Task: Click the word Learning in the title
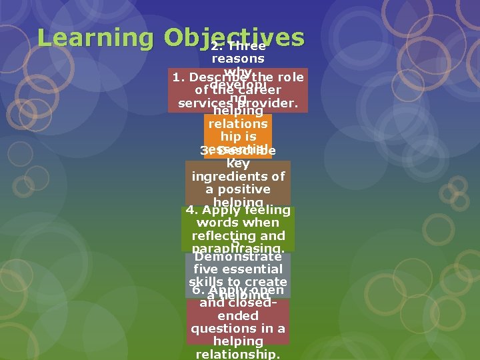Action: [x=96, y=37]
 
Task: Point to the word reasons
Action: [x=238, y=59]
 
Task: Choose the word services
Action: [x=203, y=104]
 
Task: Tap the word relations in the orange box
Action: [x=238, y=124]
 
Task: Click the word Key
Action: [x=238, y=163]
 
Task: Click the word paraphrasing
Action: [x=237, y=249]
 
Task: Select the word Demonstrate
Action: [x=238, y=256]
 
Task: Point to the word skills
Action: [x=205, y=282]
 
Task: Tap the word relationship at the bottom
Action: [x=238, y=354]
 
